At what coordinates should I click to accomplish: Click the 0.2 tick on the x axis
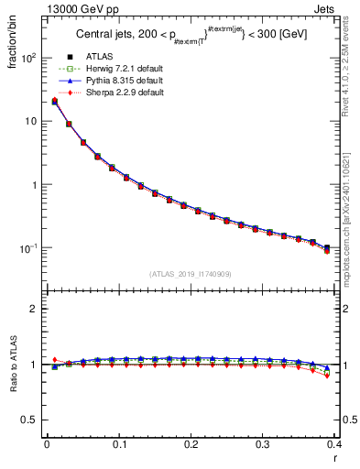pyautogui.click(x=191, y=444)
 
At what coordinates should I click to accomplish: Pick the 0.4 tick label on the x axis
pyautogui.click(x=334, y=444)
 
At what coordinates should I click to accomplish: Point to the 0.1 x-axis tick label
pyautogui.click(x=119, y=444)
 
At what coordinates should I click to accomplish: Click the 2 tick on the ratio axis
pyautogui.click(x=32, y=309)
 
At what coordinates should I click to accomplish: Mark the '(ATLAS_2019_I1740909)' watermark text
pyautogui.click(x=191, y=274)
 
